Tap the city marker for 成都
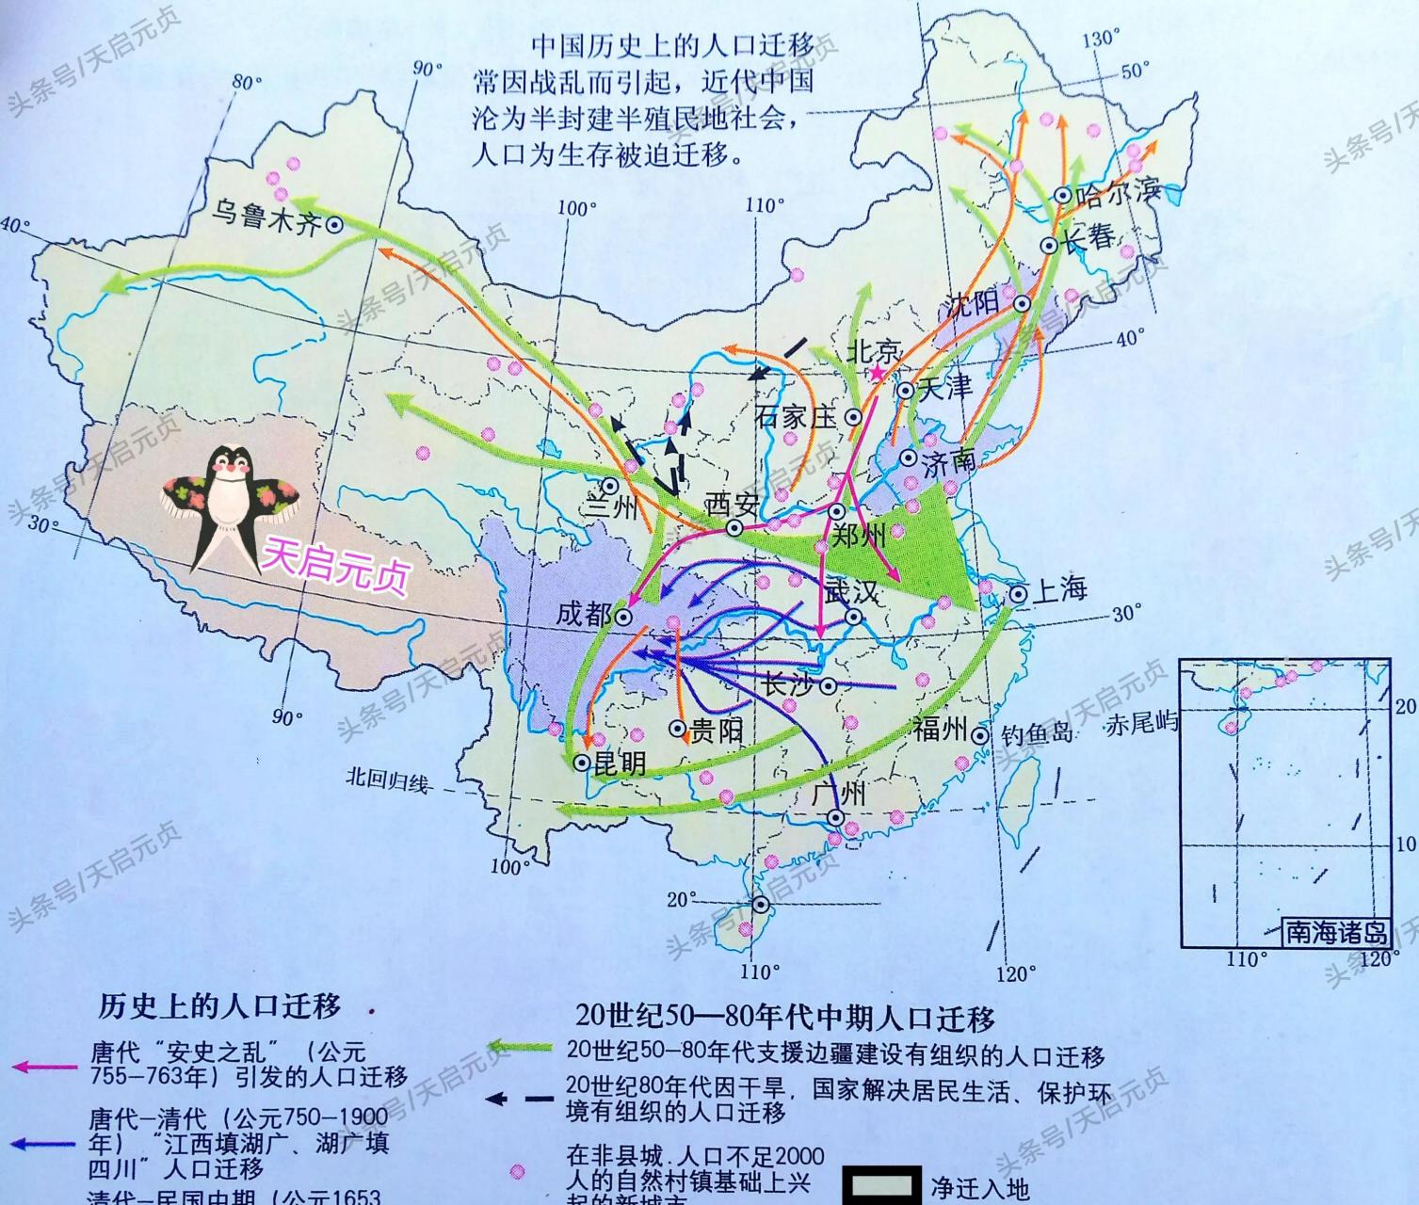click(624, 617)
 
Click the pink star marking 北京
click(877, 374)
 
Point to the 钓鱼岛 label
click(1037, 734)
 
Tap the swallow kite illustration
click(231, 502)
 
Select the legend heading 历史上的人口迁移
click(219, 1006)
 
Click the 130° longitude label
click(1101, 39)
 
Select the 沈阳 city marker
click(1022, 303)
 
